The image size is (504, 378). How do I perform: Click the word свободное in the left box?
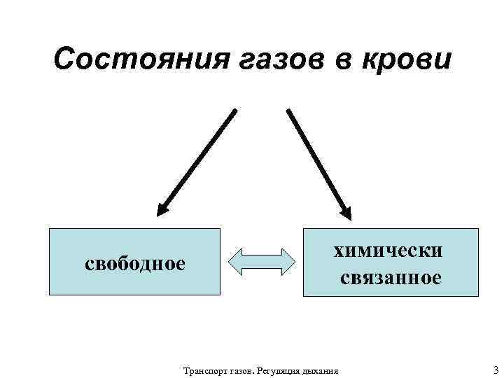point(135,263)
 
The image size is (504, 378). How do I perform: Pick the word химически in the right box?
point(391,250)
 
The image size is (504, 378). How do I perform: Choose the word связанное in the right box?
point(391,278)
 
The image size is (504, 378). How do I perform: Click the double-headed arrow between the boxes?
point(262,260)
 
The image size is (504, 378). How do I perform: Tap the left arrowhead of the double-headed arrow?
point(237,260)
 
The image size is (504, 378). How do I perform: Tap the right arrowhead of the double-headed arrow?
point(287,260)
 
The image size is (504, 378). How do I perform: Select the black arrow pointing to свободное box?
point(197,161)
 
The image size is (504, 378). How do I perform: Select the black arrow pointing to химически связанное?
point(318,161)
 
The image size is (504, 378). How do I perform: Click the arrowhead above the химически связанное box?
point(345,208)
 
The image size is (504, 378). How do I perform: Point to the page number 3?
point(496,370)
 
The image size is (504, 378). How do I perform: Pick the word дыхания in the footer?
point(320,370)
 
